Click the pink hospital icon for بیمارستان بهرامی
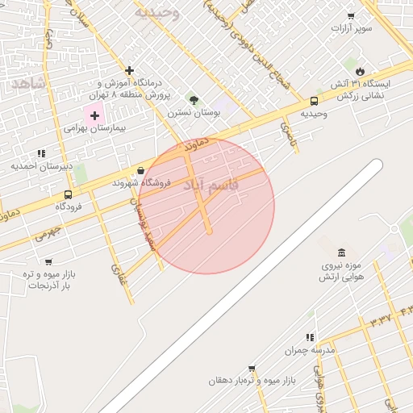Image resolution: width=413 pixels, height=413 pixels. coord(94,115)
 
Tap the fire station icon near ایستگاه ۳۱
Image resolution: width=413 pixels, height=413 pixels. coord(359,71)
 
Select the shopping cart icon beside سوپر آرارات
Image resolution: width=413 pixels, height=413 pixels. coord(351,16)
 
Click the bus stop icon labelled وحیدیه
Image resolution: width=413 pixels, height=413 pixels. coord(313,102)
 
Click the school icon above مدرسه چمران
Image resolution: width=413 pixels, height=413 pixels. coord(309,337)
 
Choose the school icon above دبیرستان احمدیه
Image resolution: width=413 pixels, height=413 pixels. coord(41,153)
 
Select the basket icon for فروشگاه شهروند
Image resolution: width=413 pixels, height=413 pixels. coord(142,170)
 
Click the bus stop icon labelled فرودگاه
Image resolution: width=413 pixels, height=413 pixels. coord(67,194)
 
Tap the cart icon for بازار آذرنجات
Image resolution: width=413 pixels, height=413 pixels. coord(48,262)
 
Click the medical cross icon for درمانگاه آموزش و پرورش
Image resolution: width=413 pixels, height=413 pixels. coord(129,71)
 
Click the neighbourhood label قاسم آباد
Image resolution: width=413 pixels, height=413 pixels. coord(211,186)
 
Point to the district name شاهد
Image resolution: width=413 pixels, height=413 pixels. coord(27,83)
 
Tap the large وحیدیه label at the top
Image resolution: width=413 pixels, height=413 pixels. coord(156,13)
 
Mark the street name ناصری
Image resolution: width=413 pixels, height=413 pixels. coord(289,134)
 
